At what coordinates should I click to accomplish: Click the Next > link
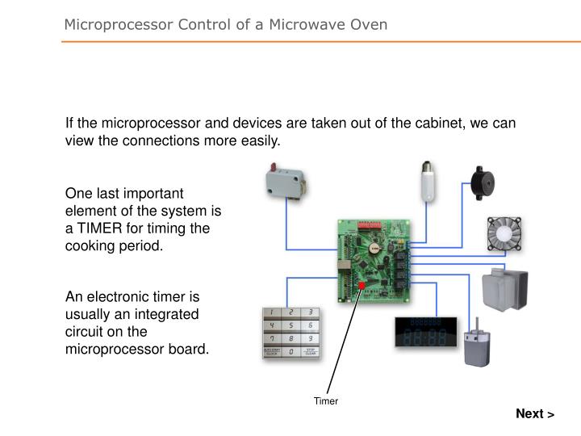(535, 414)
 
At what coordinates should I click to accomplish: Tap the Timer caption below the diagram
(326, 401)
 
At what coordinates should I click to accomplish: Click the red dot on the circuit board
(362, 285)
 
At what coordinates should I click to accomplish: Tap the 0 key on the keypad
(290, 352)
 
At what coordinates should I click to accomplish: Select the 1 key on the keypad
(274, 312)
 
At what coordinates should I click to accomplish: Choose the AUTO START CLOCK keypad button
(274, 352)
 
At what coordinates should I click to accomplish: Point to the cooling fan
(503, 234)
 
